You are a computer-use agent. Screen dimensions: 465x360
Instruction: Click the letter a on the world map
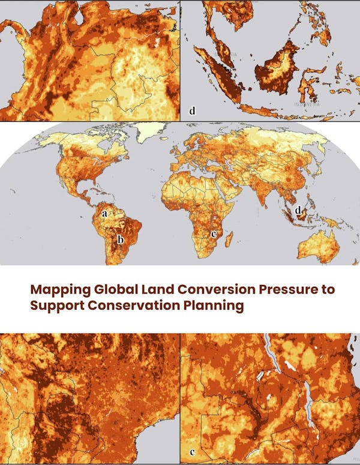[x=105, y=212]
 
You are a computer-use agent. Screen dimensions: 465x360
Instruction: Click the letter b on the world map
[x=120, y=240]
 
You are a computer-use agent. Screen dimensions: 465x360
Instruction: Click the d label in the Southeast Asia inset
[x=192, y=111]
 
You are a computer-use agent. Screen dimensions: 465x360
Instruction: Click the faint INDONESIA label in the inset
[x=306, y=104]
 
